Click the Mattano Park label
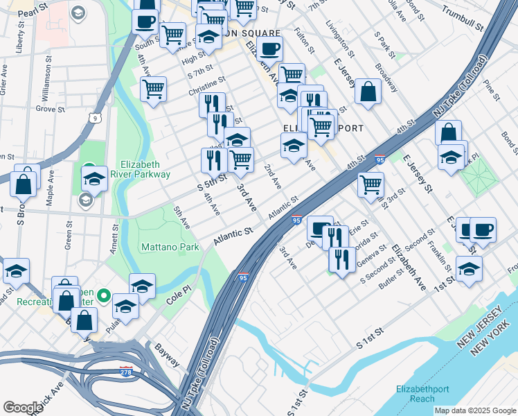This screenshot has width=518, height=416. (x=170, y=247)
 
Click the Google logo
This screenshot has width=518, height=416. (x=23, y=407)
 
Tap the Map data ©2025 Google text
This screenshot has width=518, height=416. (x=474, y=410)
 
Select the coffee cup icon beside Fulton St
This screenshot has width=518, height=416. (x=269, y=49)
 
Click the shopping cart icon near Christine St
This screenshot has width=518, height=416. (x=152, y=88)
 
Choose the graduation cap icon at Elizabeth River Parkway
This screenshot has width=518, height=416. (x=94, y=179)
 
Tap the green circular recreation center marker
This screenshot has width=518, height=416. (x=104, y=297)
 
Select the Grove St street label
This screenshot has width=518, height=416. (x=50, y=109)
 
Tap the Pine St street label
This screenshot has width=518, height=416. (x=491, y=88)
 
